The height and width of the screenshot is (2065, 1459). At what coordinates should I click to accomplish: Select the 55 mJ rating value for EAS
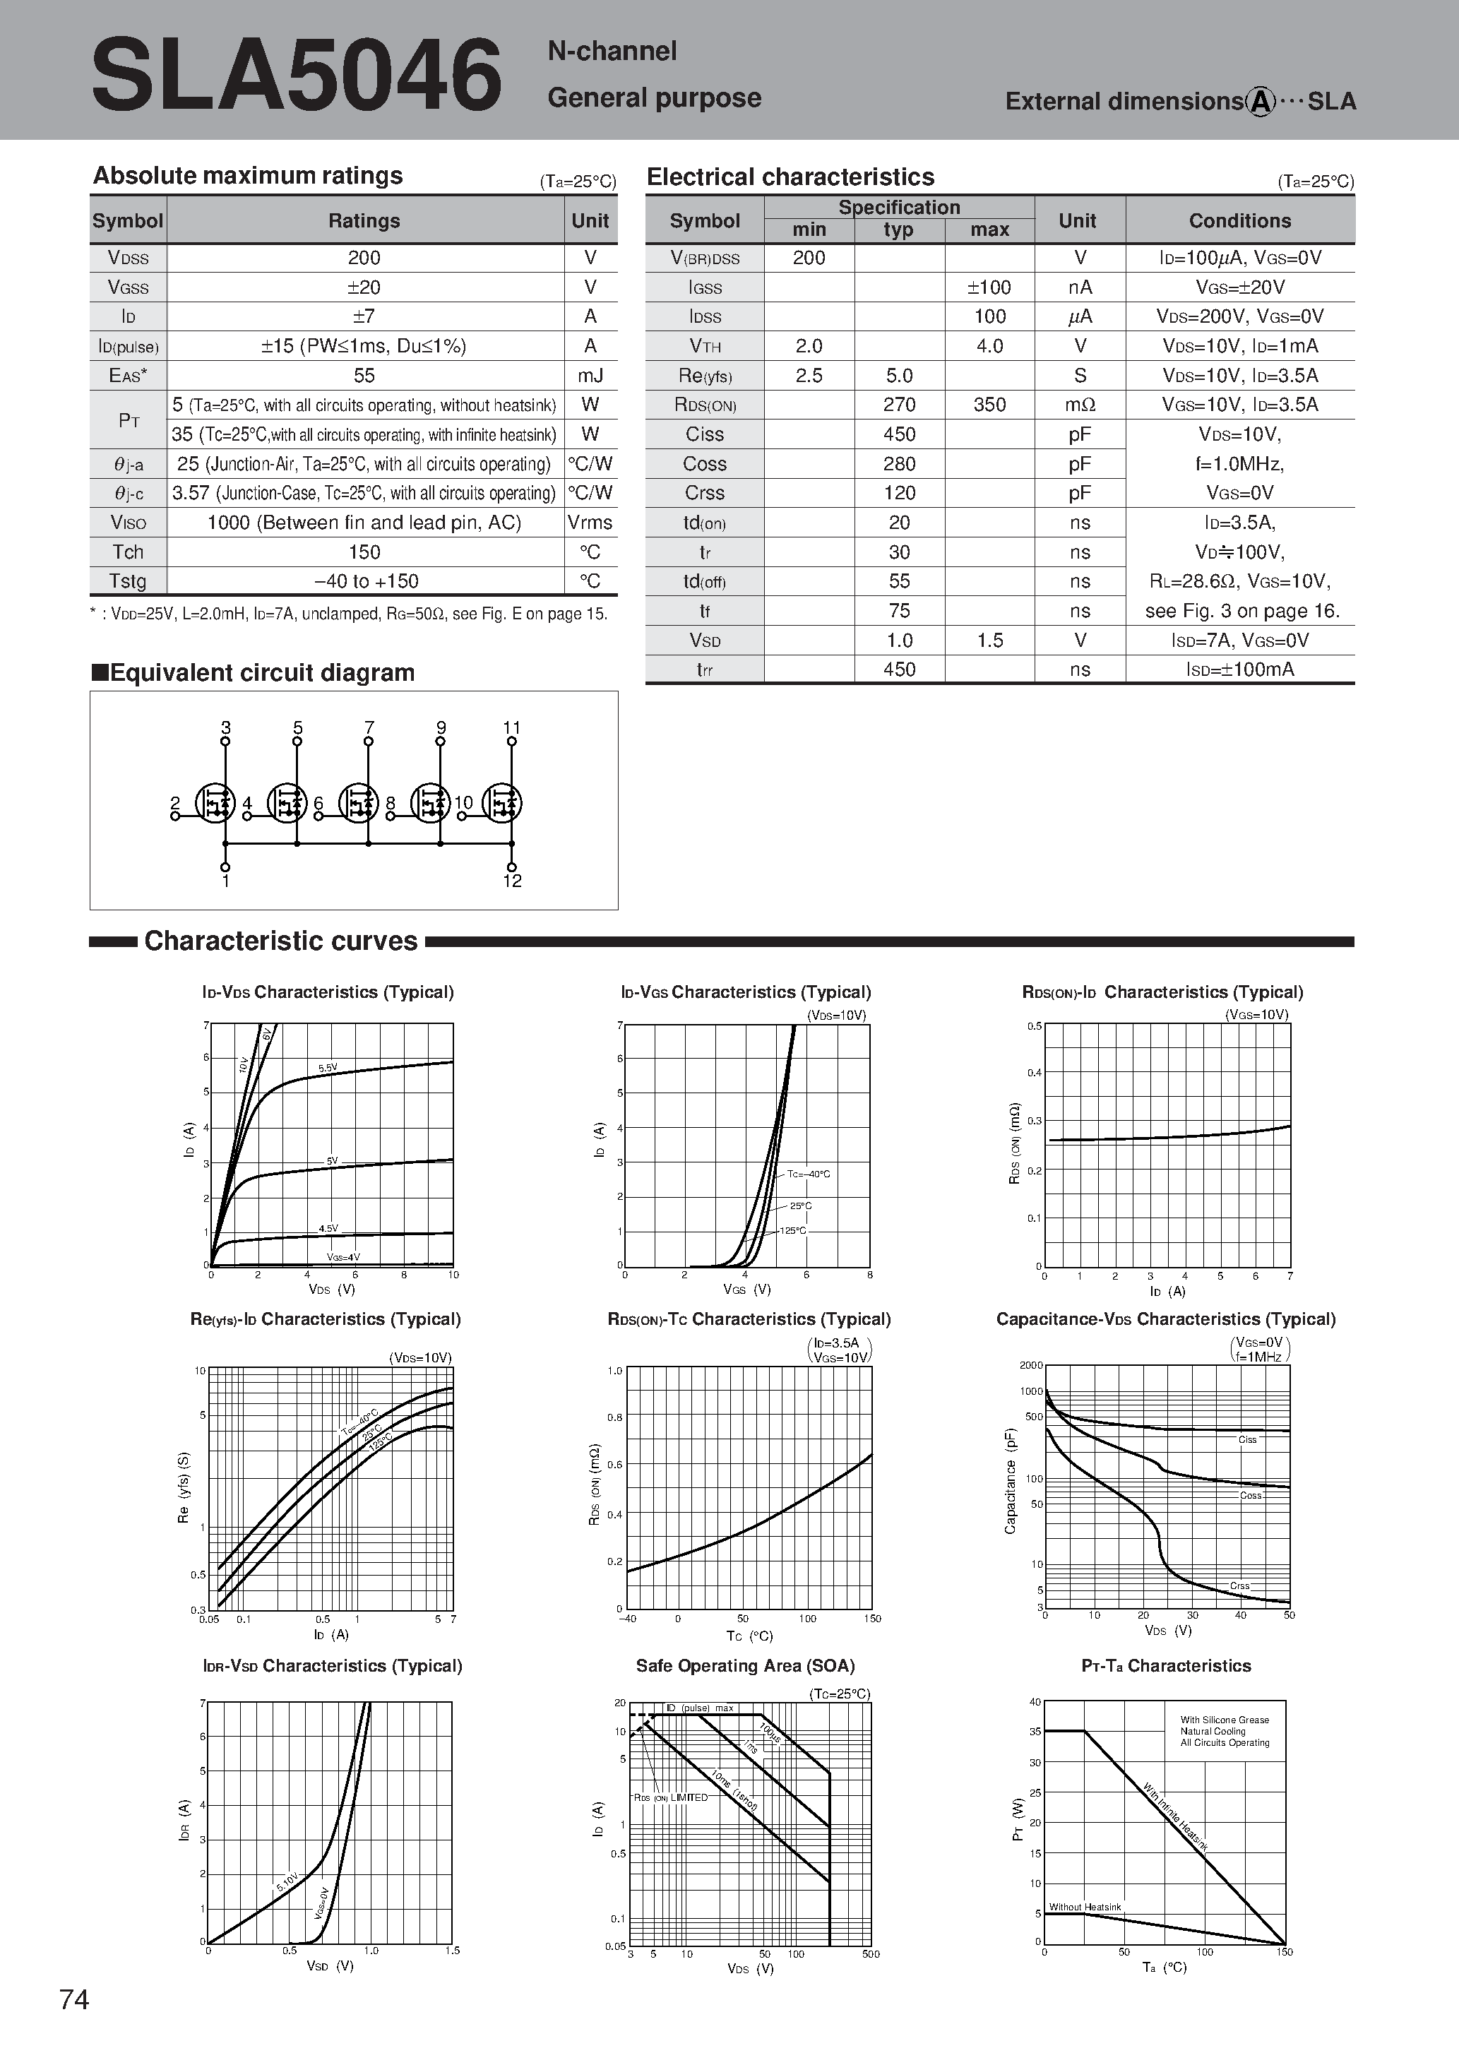coord(364,375)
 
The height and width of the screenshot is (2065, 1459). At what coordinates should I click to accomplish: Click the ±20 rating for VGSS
coord(364,287)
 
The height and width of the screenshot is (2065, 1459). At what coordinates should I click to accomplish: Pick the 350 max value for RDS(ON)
coord(989,405)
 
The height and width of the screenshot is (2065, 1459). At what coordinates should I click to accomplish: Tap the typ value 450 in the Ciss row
coord(898,434)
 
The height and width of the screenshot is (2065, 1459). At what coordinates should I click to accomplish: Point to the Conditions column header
coord(1239,220)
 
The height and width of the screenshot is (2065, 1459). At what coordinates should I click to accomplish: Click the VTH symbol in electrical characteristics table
coord(704,346)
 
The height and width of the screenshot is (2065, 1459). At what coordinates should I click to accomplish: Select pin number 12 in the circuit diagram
coord(512,881)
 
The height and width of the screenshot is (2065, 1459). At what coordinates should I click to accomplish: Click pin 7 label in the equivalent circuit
coord(369,727)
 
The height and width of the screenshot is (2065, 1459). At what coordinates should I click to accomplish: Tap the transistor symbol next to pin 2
coord(216,802)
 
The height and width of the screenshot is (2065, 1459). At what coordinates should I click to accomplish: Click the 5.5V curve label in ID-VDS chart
coord(328,1068)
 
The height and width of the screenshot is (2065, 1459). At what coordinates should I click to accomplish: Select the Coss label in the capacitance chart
coord(1250,1495)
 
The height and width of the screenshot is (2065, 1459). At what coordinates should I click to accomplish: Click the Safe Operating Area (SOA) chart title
coord(745,1666)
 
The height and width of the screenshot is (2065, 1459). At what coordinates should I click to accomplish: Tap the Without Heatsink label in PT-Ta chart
coord(1084,1907)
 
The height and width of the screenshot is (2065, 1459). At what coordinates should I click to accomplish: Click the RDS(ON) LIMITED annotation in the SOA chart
coord(670,1797)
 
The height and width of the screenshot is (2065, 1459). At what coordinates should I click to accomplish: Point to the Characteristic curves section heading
coord(280,941)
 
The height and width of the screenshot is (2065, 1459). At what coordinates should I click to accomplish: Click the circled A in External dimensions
coord(1261,102)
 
